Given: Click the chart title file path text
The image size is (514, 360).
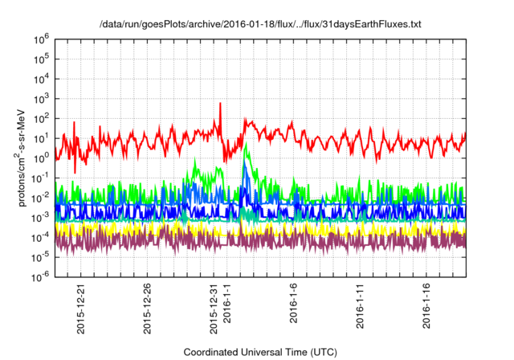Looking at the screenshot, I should (x=260, y=25).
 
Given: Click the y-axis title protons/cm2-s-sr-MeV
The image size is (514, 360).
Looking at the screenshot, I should (x=27, y=157).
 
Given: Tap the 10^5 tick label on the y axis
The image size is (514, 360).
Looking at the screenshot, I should (x=42, y=58).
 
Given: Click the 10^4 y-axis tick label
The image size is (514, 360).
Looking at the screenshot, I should (x=42, y=78).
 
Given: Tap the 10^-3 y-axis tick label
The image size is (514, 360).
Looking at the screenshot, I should (x=41, y=216).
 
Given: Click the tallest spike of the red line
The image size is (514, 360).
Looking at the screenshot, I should (x=219, y=104).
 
